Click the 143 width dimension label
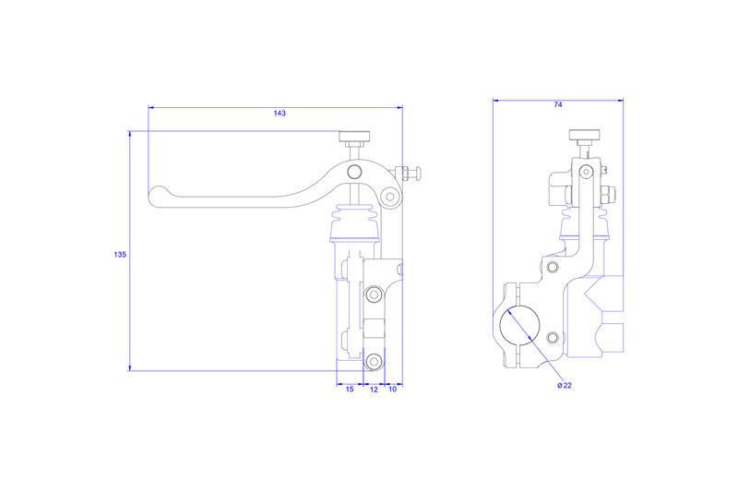pos(280,114)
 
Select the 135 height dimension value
pos(120,254)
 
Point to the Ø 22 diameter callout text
pos(565,385)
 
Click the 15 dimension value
pos(350,390)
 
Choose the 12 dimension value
pos(374,390)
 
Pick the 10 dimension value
pos(392,390)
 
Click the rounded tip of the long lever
pos(158,196)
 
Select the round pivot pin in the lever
pos(354,172)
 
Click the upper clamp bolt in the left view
pos(374,295)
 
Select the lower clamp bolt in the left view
pos(374,361)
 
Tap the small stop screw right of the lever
pos(407,173)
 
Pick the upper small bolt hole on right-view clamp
pos(552,268)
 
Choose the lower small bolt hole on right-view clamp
pos(552,336)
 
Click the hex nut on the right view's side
pos(608,195)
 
